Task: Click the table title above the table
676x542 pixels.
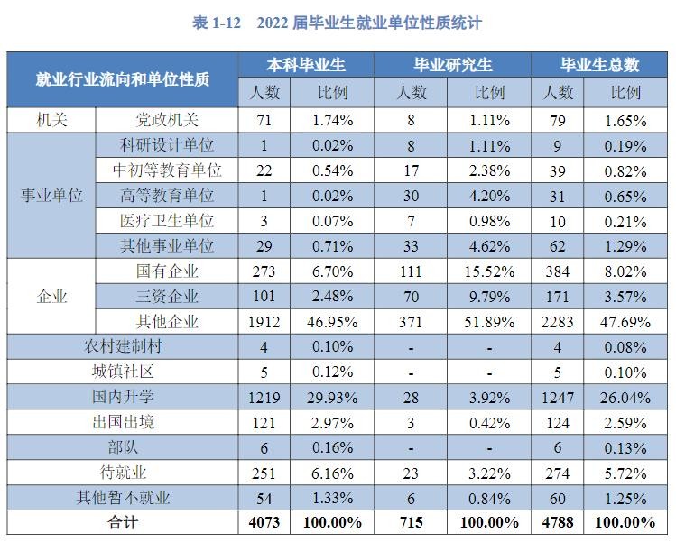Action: pos(338,23)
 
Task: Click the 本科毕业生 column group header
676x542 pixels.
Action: pos(306,65)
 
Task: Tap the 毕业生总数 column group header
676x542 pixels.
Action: pos(600,65)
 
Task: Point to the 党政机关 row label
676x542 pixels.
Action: pos(167,120)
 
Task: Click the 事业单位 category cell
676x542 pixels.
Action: pos(51,196)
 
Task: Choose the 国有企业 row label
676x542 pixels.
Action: pos(167,271)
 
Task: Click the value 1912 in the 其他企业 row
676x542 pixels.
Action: pos(264,322)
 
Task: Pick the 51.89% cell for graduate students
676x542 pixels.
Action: pos(490,322)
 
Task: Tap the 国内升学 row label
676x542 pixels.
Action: pos(124,396)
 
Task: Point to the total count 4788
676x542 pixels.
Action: pos(558,522)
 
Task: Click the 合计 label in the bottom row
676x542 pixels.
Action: pos(124,522)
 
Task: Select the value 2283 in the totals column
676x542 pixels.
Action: pos(558,322)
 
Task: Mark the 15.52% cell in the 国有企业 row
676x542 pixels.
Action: pos(490,271)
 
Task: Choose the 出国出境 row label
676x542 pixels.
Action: pos(124,421)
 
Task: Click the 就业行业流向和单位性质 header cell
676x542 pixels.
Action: pos(123,79)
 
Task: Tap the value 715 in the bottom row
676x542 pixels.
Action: pos(412,522)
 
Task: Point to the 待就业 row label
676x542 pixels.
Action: pos(124,472)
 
